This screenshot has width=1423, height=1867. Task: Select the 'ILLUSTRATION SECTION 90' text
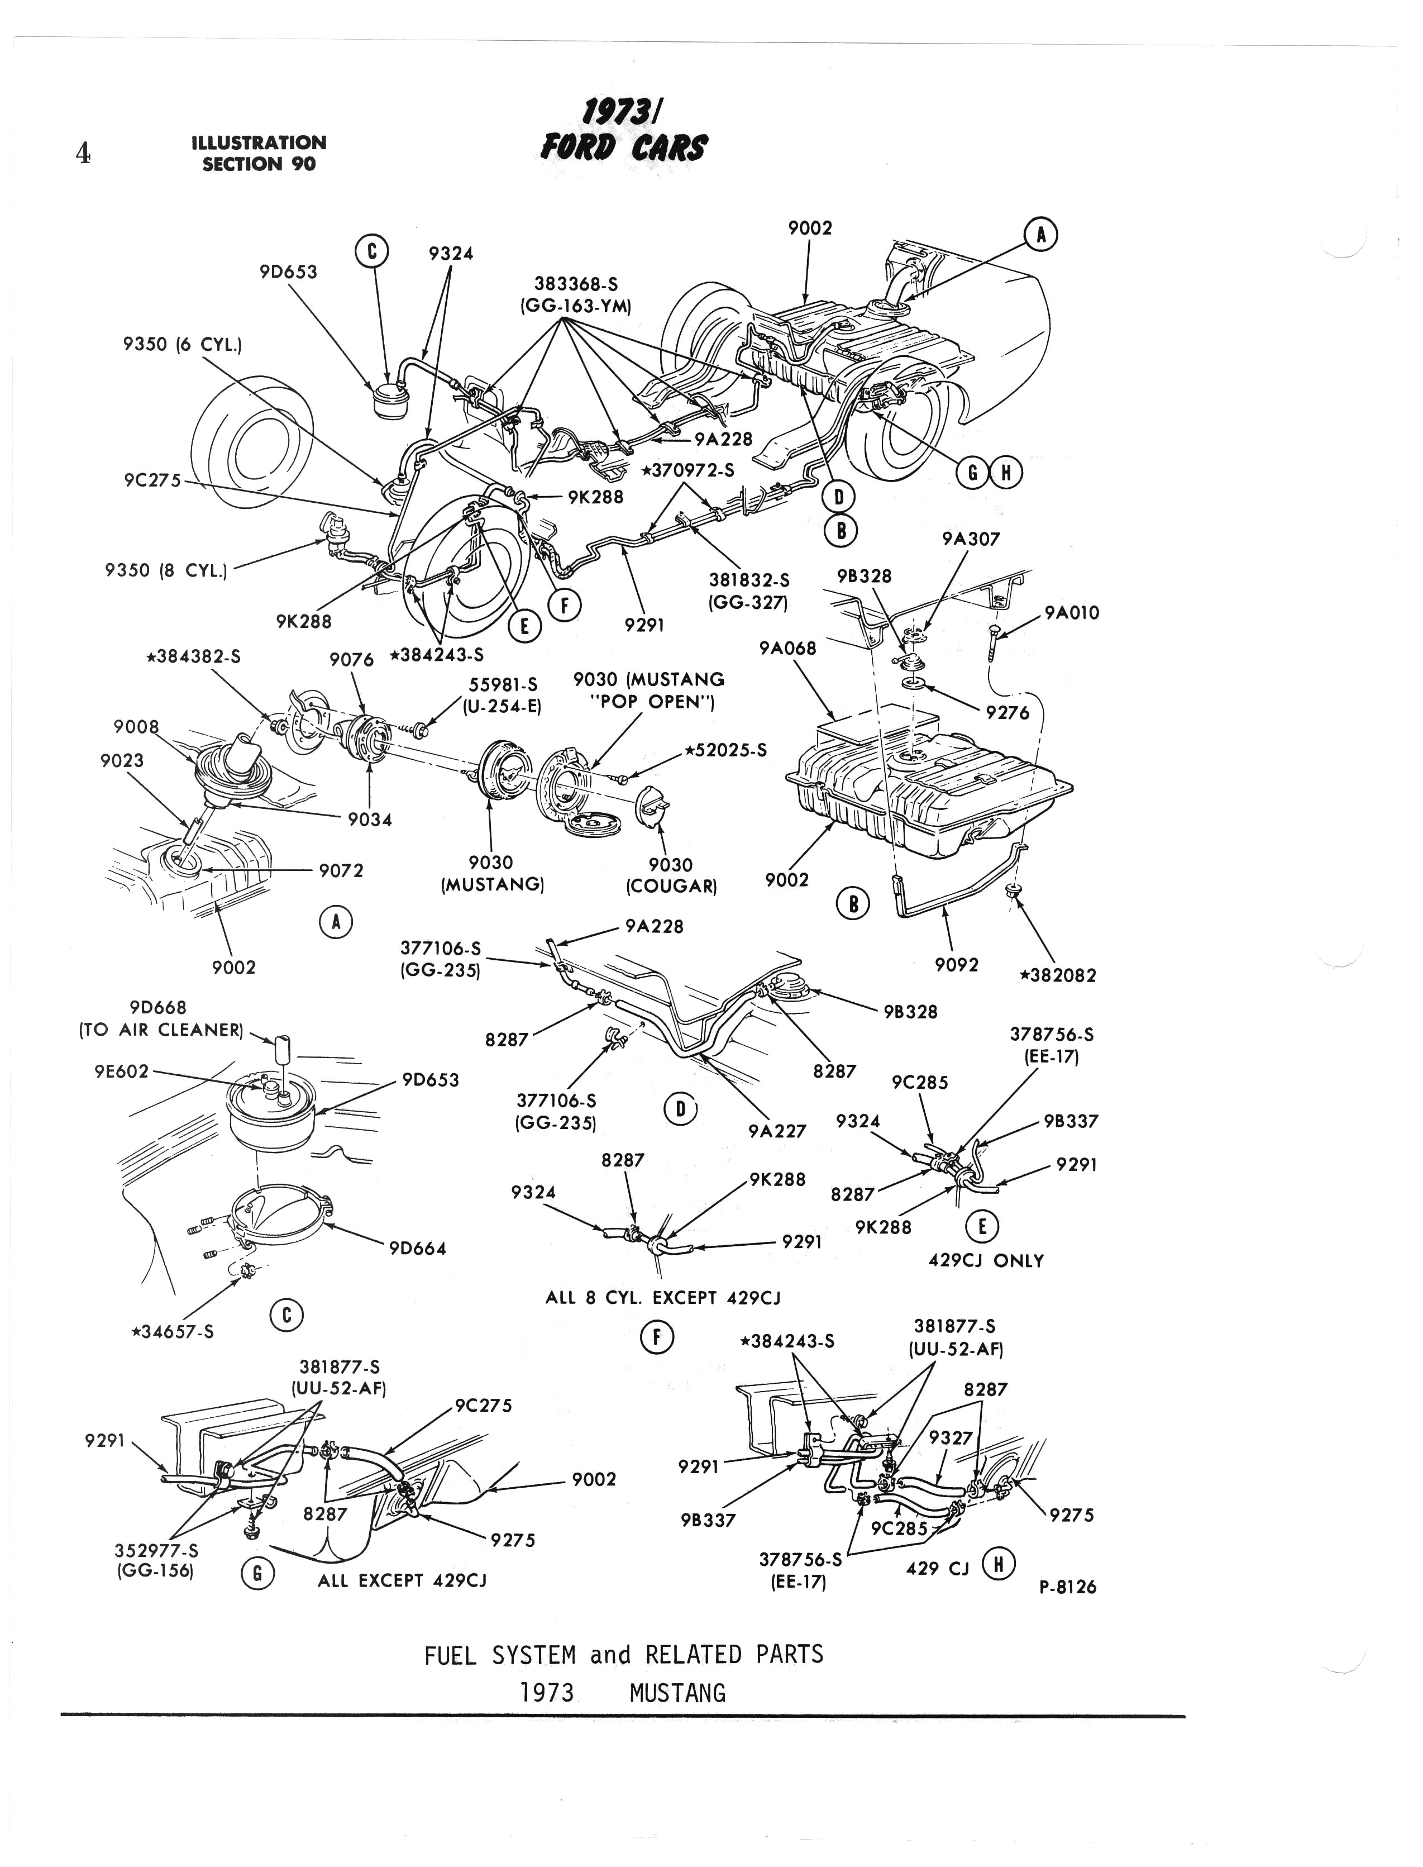[259, 153]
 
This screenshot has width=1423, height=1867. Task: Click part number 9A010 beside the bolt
[1072, 612]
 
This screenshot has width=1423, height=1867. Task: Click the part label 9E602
[122, 1071]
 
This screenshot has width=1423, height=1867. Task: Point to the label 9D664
[418, 1248]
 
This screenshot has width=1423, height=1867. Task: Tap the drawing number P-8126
[1067, 1587]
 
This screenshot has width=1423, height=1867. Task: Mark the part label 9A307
[971, 538]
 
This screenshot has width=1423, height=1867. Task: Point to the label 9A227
[777, 1130]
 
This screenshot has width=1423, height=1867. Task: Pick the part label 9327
[951, 1437]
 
